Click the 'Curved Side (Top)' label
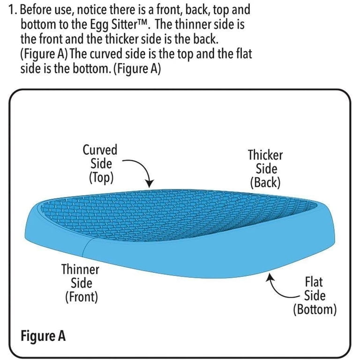(x=100, y=164)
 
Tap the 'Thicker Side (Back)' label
(x=265, y=169)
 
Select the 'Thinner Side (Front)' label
(x=81, y=283)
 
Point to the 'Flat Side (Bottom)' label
(x=315, y=296)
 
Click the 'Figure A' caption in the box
(x=43, y=336)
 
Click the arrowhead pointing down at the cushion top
(x=150, y=184)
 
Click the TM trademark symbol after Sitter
(x=144, y=22)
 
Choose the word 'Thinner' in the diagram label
(x=80, y=270)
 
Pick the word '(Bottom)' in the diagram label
(x=315, y=310)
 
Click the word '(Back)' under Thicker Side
(x=265, y=183)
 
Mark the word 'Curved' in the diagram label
(x=100, y=150)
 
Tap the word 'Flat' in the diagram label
(x=314, y=282)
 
